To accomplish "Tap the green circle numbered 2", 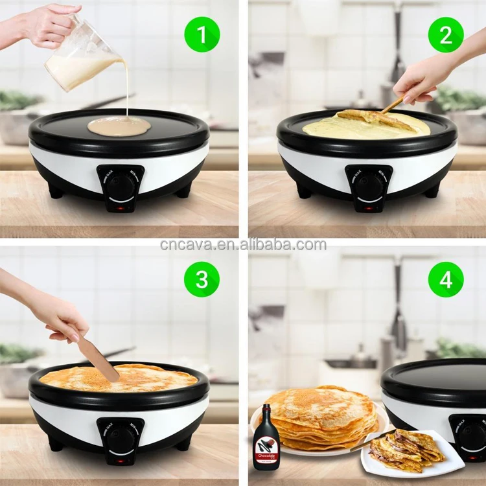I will click(x=446, y=34).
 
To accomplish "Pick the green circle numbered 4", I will click(x=446, y=279).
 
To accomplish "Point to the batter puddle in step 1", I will click(x=119, y=126).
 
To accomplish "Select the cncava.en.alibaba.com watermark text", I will click(x=243, y=244).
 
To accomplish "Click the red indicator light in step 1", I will click(x=119, y=209).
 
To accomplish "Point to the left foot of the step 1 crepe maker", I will click(x=55, y=192).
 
